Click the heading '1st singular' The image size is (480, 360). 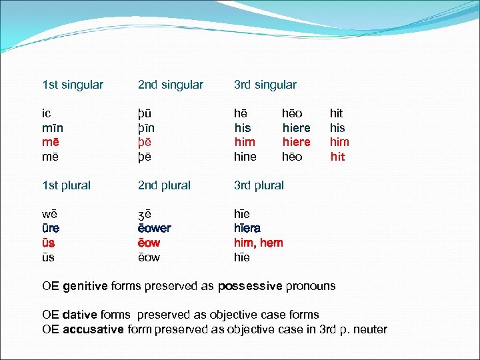[x=73, y=85]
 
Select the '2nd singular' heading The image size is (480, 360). [x=170, y=85]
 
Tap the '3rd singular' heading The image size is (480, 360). [x=265, y=85]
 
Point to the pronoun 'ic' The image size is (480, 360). [x=47, y=114]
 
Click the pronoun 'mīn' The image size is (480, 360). [x=52, y=128]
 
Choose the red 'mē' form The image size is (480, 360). [x=50, y=142]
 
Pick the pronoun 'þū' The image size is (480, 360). [x=145, y=114]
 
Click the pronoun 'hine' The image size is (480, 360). [x=245, y=157]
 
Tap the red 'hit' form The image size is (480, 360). [x=338, y=157]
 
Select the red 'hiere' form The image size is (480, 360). [x=296, y=142]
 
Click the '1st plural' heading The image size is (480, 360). [x=66, y=185]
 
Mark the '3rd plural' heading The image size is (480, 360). [x=259, y=185]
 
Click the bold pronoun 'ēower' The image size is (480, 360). [x=154, y=229]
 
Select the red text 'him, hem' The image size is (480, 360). [x=258, y=243]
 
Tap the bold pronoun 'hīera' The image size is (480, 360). [x=247, y=229]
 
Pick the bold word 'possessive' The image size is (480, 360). [x=250, y=286]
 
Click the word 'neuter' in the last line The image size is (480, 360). [x=370, y=329]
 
